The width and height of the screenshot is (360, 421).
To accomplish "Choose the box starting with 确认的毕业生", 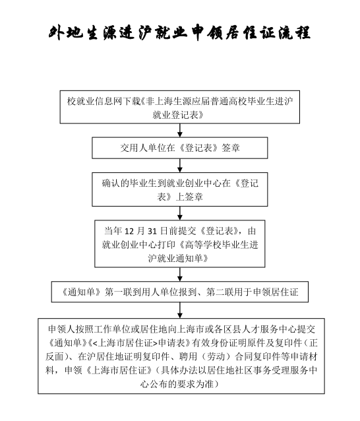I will pos(179,189).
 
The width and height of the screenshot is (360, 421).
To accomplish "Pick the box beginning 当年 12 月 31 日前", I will pos(179,242).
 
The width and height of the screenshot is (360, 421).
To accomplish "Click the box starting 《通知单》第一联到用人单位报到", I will pos(179,290).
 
